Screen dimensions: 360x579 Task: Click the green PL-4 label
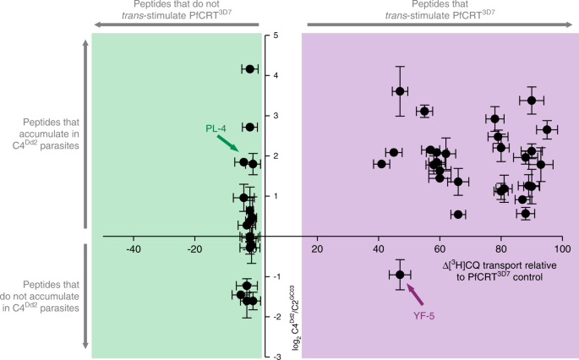[x=216, y=128]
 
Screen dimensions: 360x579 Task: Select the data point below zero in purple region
[x=401, y=275]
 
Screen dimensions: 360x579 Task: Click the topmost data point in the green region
[x=249, y=68]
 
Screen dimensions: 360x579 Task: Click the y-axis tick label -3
[x=276, y=357]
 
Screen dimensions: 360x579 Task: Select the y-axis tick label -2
[x=276, y=317]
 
